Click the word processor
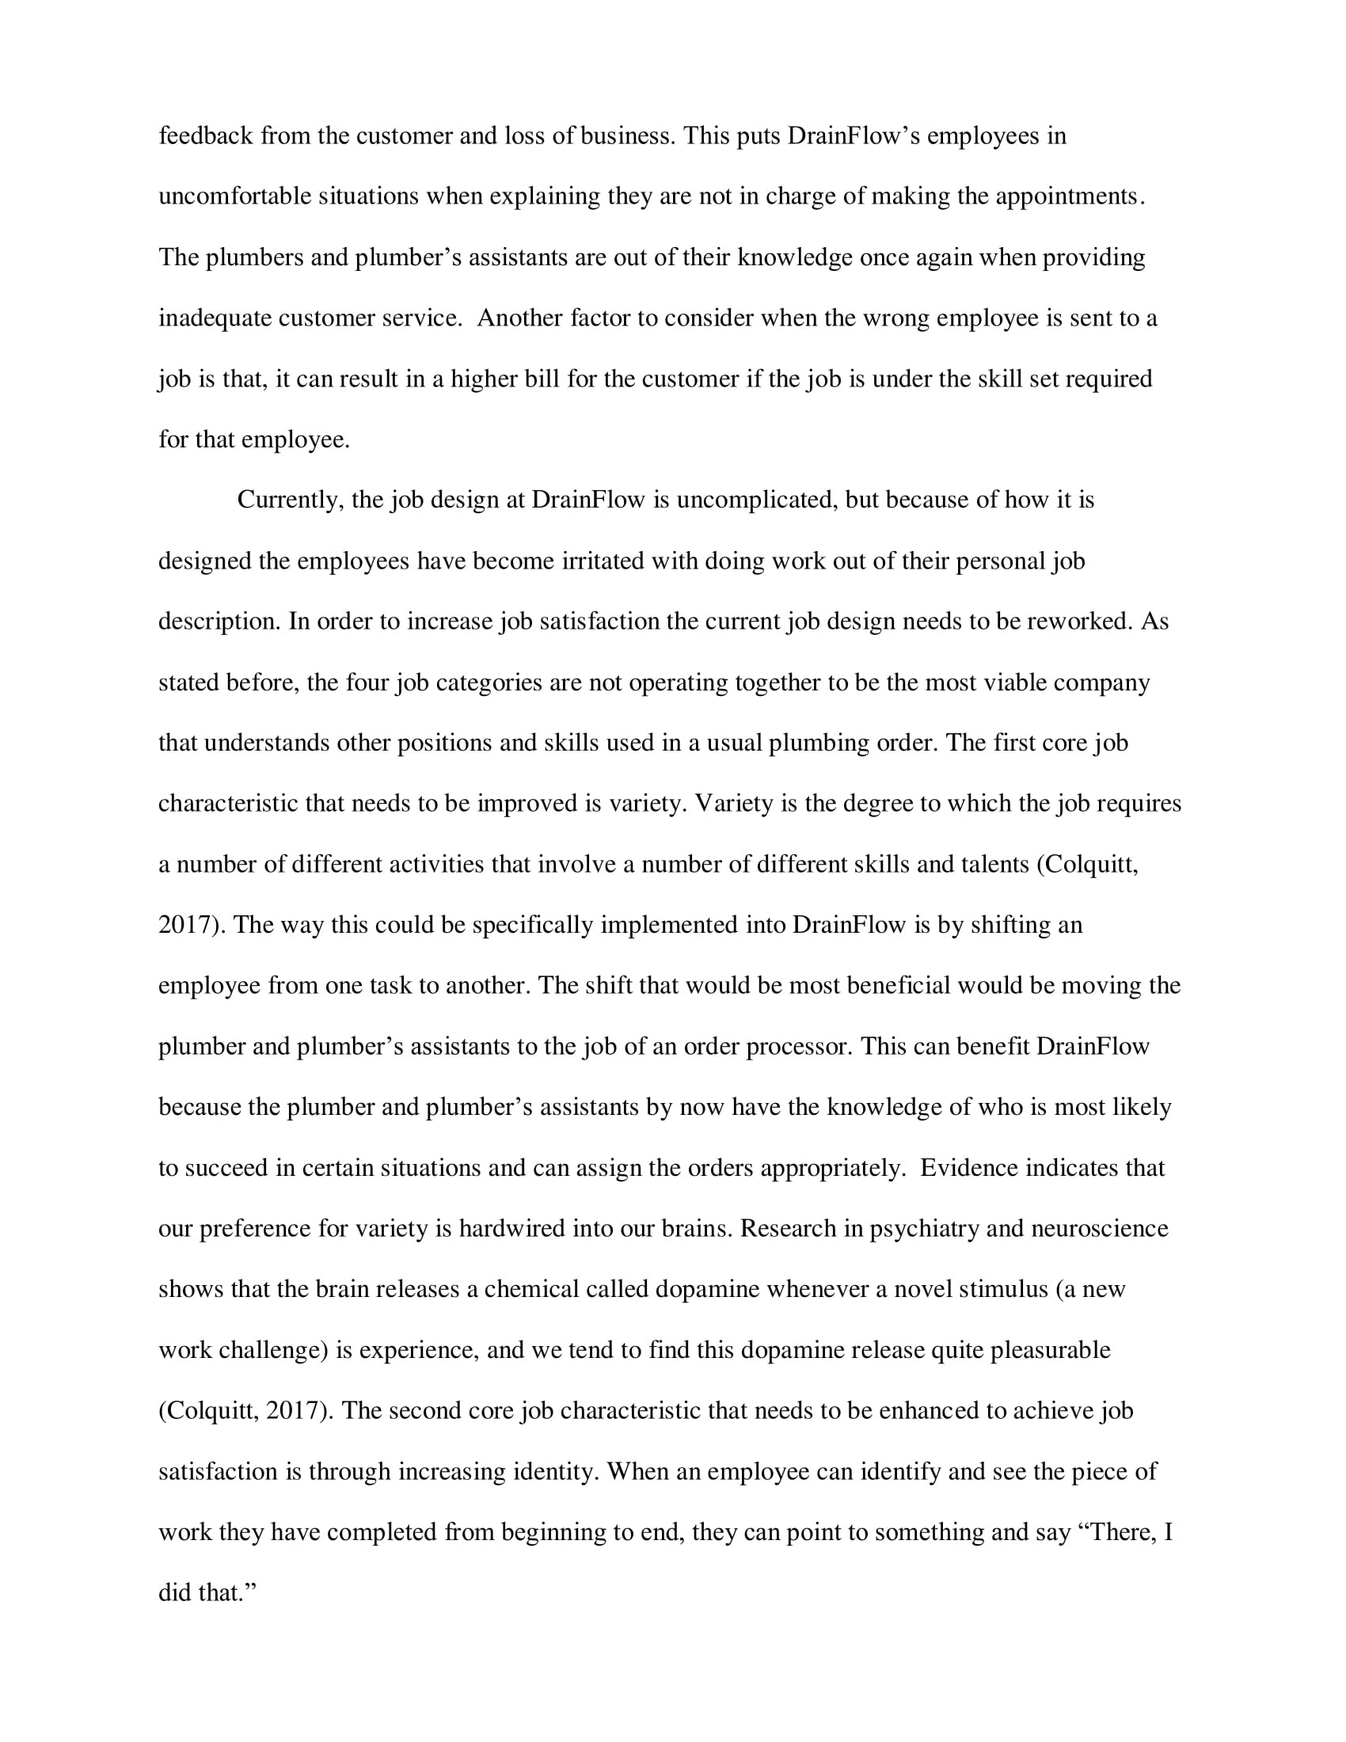tap(798, 1047)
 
